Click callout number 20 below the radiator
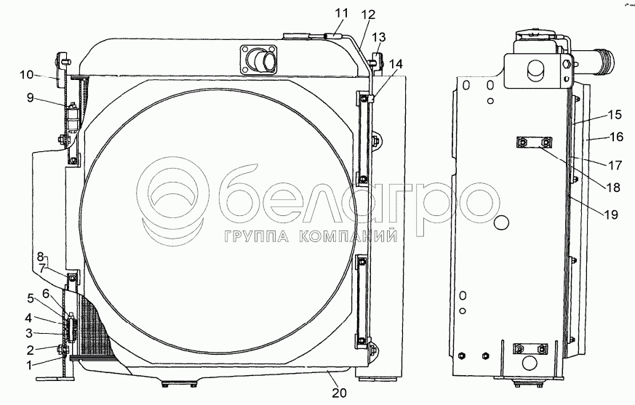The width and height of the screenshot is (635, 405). point(340,393)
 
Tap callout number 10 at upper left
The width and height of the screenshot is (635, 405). point(26,74)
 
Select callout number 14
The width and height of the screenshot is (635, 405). point(396,64)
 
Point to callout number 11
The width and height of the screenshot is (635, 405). point(341,13)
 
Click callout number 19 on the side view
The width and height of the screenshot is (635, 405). point(611,214)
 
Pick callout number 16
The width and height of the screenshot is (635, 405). point(616,137)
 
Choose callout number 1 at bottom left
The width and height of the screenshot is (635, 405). point(29,365)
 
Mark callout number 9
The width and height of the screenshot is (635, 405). point(31,97)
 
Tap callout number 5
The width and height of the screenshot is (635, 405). point(31,299)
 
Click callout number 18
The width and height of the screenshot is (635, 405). point(613,188)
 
